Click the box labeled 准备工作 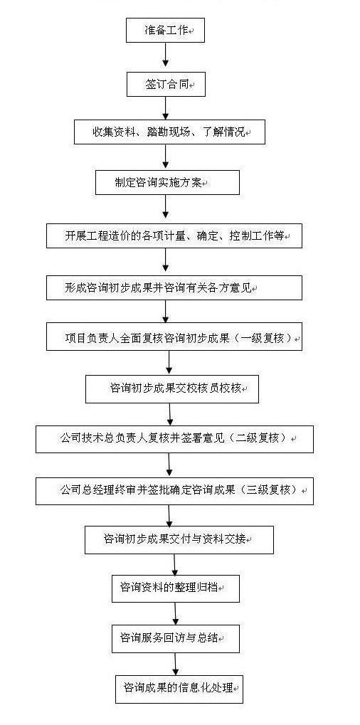click(166, 31)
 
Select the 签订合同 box click(166, 85)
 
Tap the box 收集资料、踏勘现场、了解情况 click(169, 132)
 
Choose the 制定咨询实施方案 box click(167, 182)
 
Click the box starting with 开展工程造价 click(174, 236)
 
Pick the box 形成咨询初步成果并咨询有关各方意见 click(174, 287)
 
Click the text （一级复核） click(263, 339)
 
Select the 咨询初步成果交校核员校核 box click(172, 389)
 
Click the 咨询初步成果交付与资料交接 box click(179, 539)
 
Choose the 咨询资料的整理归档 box click(176, 588)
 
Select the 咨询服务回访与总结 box click(176, 638)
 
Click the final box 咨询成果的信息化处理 click(179, 689)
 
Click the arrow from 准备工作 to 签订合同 click(166, 58)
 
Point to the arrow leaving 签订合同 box click(166, 108)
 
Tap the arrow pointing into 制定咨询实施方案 click(166, 157)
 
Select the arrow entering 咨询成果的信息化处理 click(176, 664)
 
